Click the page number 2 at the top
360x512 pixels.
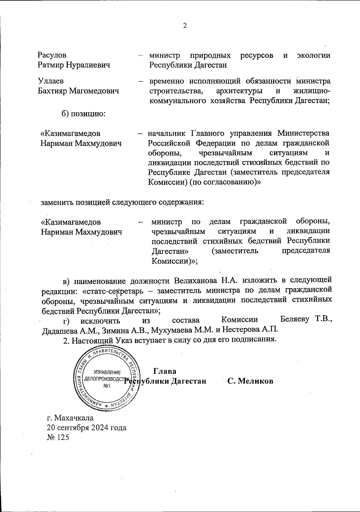(x=185, y=26)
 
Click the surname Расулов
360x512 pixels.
(x=52, y=55)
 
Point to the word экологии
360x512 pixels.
(x=313, y=55)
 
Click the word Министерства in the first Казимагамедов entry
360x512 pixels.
(x=303, y=133)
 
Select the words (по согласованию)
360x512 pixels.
(x=224, y=182)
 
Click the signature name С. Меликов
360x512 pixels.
(x=250, y=381)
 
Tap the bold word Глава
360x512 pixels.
(x=164, y=371)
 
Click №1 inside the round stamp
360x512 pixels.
(x=107, y=386)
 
